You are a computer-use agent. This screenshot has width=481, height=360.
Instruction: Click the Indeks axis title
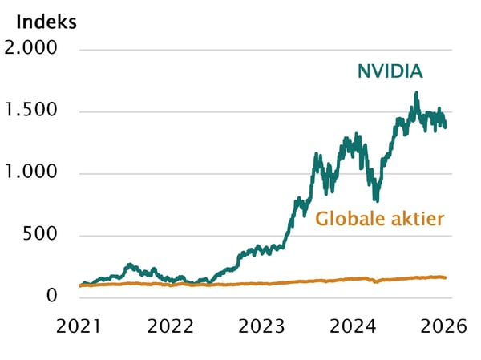46,21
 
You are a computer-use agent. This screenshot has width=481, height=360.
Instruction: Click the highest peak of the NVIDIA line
416,94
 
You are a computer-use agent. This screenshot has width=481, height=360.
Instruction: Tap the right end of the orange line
446,277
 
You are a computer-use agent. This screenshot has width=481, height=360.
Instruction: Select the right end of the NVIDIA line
446,125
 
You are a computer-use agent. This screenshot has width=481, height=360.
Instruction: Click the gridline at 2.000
265,50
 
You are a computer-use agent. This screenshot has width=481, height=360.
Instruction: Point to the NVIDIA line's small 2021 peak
130,265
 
